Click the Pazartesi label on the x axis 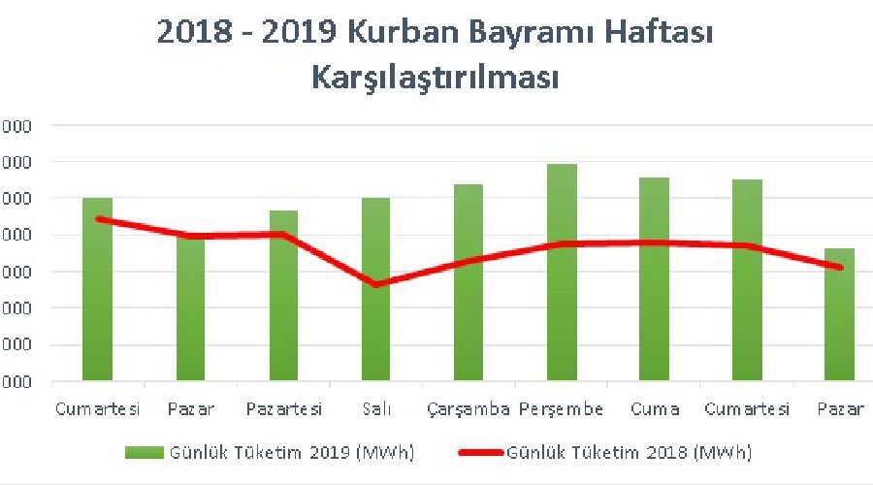coord(283,409)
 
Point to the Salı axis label coord(376,409)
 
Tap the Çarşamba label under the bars coord(469,409)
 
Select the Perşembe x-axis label coord(562,409)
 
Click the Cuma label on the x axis coord(654,409)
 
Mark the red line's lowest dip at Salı coord(376,284)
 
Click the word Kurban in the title coord(413,37)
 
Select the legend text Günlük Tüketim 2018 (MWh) coord(629,452)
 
